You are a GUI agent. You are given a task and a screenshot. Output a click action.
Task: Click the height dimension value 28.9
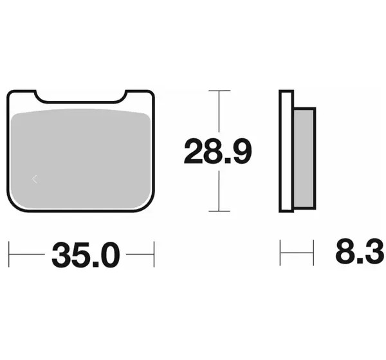[218, 151]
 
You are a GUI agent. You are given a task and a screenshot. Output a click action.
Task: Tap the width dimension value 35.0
[86, 255]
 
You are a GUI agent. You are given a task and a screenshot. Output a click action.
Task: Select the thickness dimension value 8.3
[360, 251]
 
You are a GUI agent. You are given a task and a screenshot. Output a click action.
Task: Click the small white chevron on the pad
[35, 179]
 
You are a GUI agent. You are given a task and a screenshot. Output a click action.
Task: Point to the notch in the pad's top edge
[81, 97]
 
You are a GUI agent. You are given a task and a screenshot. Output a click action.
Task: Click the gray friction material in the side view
[304, 159]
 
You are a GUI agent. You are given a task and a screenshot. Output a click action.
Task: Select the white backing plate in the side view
[286, 151]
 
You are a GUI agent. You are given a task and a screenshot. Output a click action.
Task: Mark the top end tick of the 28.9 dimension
[219, 91]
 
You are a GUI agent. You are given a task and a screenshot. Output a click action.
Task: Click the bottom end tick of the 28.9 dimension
[219, 211]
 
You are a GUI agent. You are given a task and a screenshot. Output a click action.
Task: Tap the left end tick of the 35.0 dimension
[9, 254]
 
